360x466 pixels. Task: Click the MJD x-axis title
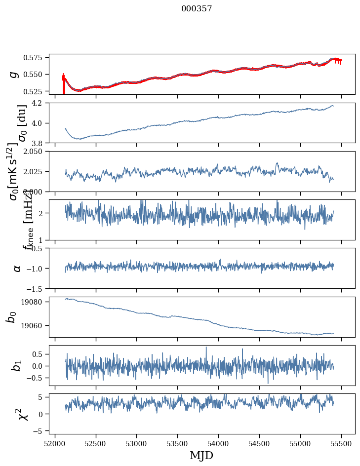coord(201,455)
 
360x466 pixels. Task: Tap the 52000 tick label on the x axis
coord(55,443)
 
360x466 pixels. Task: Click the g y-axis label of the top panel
coord(14,74)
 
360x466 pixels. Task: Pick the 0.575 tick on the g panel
coord(36,58)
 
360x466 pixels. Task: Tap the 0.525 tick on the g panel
coord(36,91)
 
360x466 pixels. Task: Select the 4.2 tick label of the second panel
coord(40,103)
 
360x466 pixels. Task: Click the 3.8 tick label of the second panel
coord(40,143)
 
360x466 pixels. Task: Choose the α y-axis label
coord(17,268)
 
